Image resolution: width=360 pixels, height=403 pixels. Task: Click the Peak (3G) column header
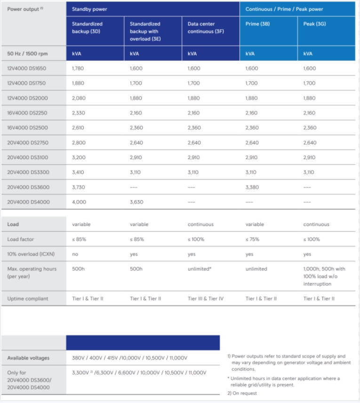click(312, 24)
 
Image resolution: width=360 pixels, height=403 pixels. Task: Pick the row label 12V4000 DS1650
click(27, 68)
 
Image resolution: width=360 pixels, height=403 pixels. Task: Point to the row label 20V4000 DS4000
click(28, 202)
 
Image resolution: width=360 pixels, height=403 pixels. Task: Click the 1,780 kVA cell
click(78, 68)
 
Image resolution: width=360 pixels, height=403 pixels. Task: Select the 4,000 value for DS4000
click(79, 202)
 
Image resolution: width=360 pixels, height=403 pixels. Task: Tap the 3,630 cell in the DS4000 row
click(136, 202)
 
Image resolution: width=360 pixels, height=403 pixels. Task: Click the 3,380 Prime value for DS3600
click(252, 187)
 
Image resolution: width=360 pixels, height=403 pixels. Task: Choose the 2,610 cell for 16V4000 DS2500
click(78, 128)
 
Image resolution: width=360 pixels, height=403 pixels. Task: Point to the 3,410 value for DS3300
click(78, 172)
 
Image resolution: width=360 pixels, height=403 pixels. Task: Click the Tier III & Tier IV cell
click(206, 298)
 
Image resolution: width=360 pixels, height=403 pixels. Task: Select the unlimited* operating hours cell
click(200, 269)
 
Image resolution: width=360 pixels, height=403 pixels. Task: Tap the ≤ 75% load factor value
click(252, 239)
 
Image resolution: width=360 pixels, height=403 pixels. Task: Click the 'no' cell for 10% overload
click(75, 254)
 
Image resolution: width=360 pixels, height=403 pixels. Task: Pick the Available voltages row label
click(29, 358)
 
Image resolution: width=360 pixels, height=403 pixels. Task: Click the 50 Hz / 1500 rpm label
click(28, 54)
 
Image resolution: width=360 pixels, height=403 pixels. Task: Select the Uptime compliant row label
click(28, 298)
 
